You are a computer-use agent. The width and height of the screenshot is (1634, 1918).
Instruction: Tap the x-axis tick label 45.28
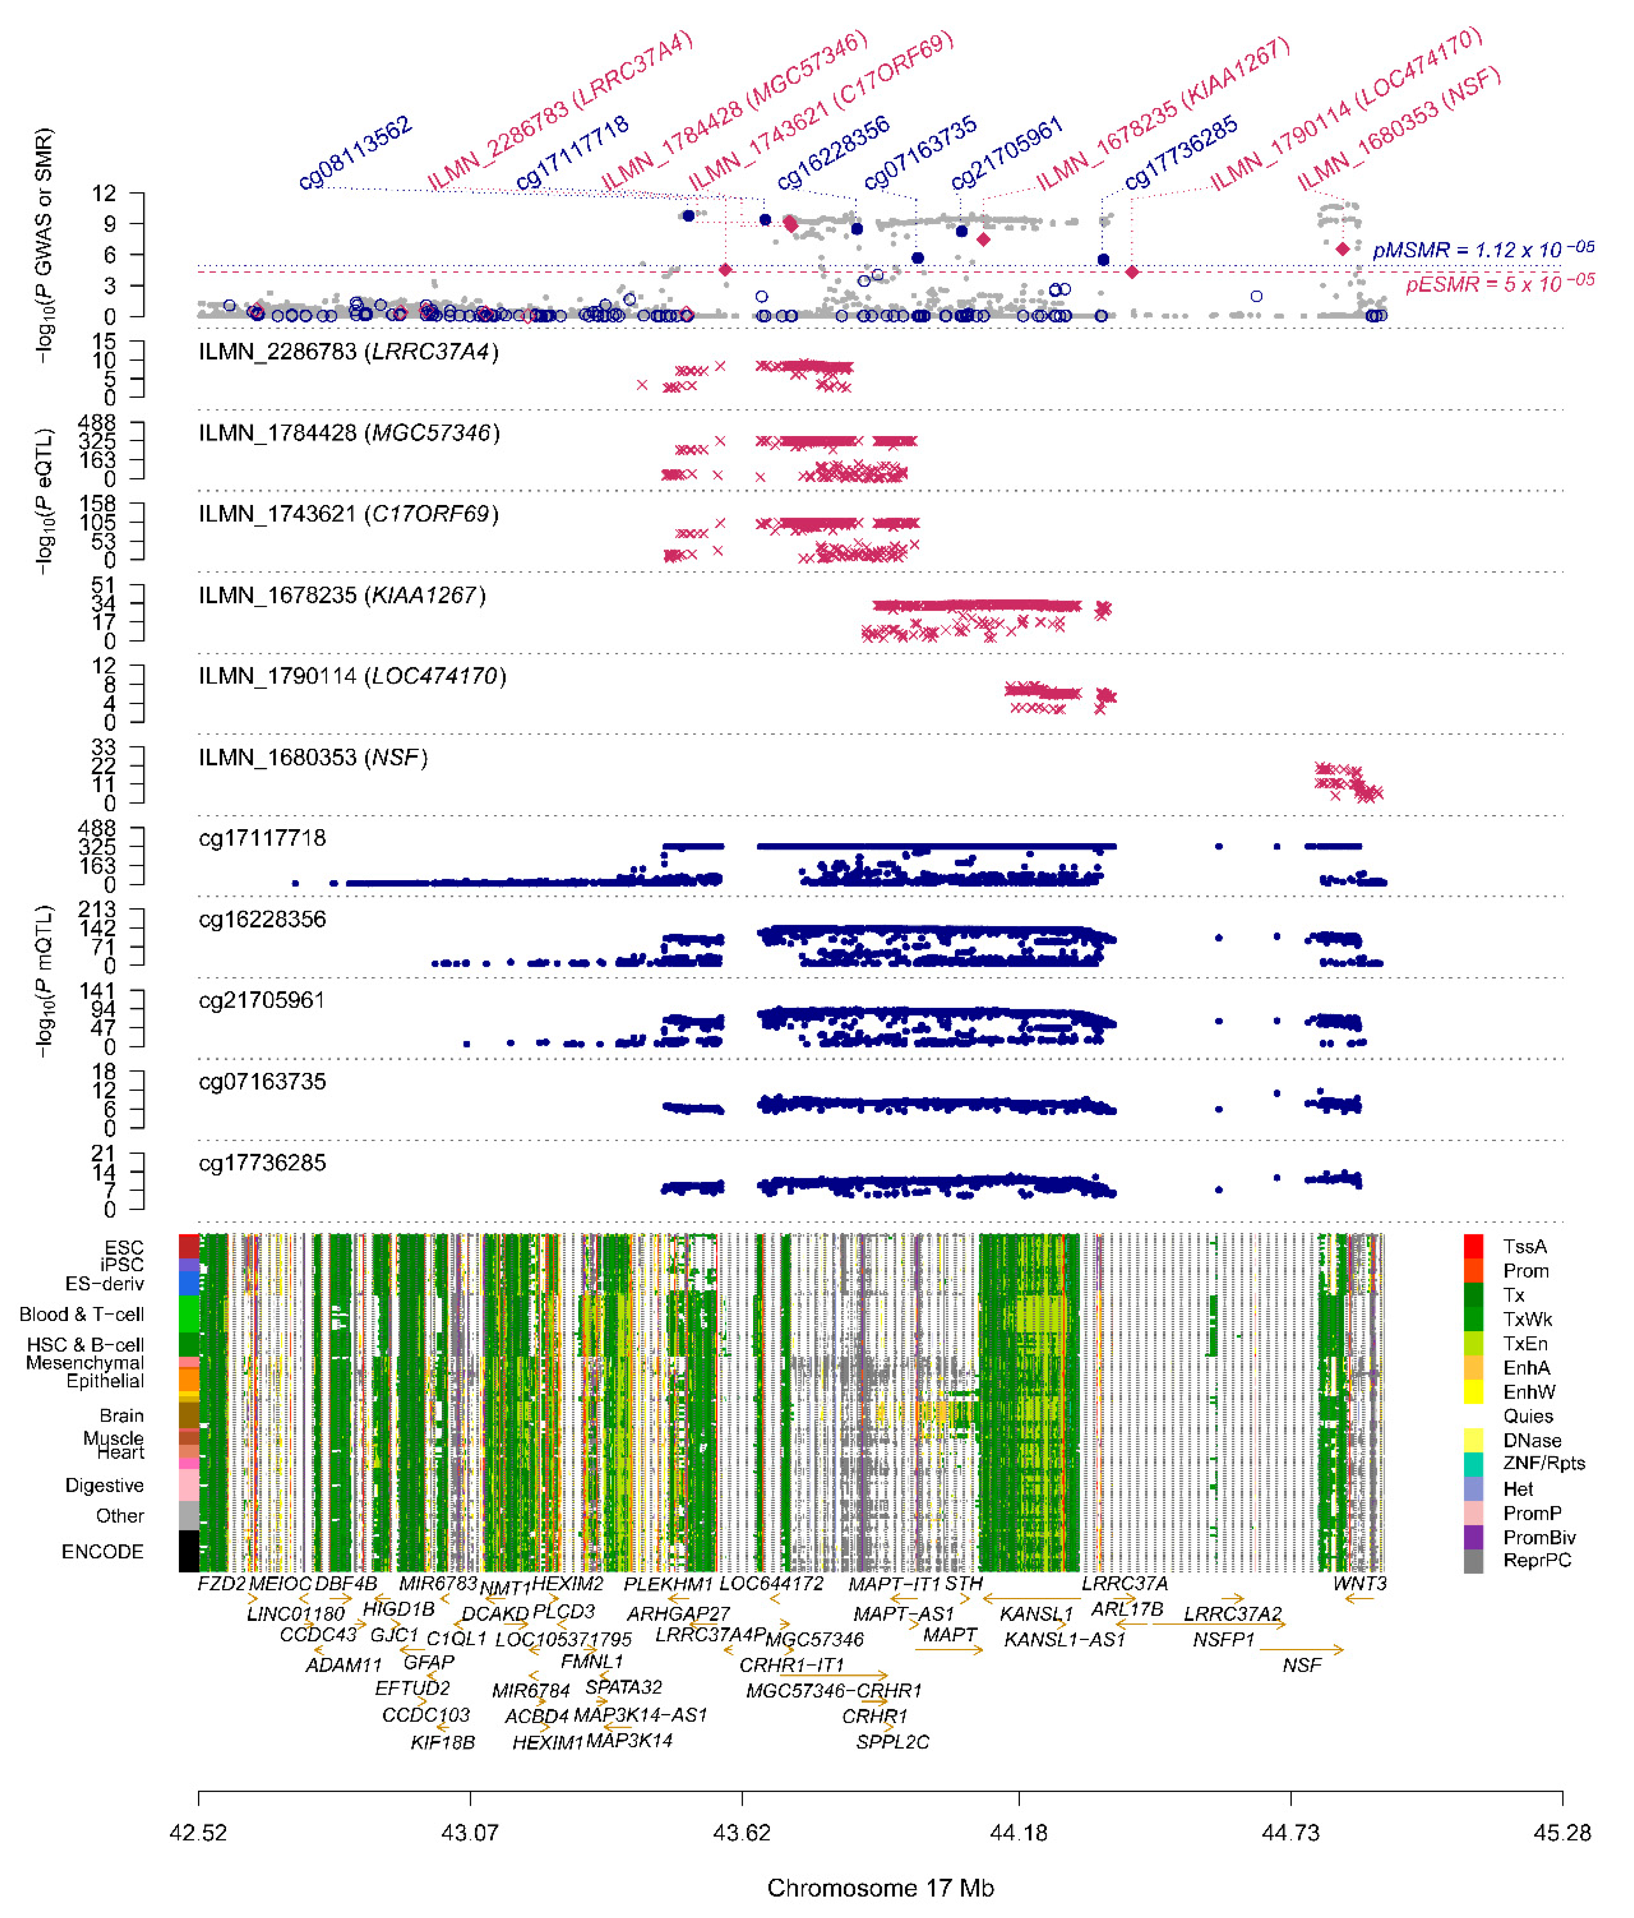coord(1561,1832)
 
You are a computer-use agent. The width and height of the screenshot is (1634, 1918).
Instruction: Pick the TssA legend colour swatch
coord(1473,1246)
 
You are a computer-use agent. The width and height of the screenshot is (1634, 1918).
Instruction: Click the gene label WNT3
coord(1359,1583)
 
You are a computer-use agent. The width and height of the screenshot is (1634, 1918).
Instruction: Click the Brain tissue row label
coord(121,1415)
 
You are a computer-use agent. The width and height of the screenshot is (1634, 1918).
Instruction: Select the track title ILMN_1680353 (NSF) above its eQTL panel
coord(313,757)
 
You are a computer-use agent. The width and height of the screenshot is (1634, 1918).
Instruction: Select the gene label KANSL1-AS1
coord(1065,1640)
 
